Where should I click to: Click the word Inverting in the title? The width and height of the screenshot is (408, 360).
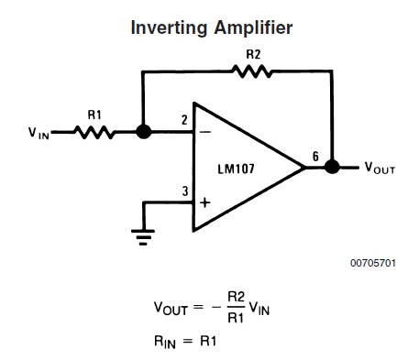(169, 28)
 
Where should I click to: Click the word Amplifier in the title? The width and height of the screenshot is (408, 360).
(253, 28)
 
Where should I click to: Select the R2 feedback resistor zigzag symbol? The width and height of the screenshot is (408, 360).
(252, 71)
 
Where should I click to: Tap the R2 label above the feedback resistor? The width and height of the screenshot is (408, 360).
(253, 54)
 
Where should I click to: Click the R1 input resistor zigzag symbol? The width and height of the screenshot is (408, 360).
(94, 132)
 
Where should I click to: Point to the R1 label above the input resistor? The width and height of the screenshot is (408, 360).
(94, 115)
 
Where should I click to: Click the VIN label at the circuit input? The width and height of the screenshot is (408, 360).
(39, 133)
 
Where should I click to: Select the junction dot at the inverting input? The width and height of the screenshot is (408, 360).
(143, 132)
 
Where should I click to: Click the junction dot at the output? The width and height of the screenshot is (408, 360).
(332, 167)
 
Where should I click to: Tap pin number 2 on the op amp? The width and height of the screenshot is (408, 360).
(184, 120)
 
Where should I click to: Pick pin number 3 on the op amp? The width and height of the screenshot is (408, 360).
(185, 191)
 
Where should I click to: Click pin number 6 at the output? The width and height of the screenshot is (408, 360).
(315, 157)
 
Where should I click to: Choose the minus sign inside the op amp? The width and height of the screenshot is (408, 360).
(205, 132)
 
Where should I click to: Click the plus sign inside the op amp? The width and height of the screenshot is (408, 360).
(205, 202)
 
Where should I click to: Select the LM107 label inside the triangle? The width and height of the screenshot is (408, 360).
(236, 169)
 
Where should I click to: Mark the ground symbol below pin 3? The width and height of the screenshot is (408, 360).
(143, 237)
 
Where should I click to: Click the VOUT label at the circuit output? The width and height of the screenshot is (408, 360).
(380, 168)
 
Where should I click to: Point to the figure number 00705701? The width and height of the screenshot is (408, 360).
(373, 263)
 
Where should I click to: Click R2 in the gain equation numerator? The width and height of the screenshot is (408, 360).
(237, 297)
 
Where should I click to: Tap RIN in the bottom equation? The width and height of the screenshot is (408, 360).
(165, 342)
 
